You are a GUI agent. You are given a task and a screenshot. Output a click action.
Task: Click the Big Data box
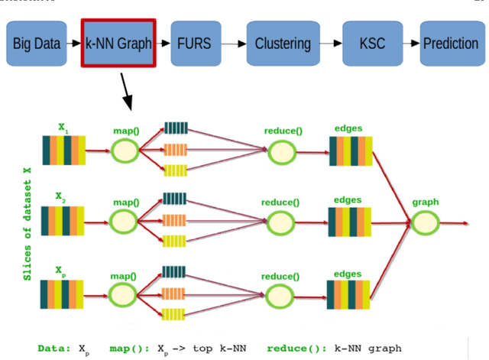(x=37, y=42)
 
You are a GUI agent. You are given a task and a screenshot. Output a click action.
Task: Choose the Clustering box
(x=283, y=42)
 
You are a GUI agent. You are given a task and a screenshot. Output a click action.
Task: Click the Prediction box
(x=450, y=42)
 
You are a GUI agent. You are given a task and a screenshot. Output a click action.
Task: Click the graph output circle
(x=425, y=222)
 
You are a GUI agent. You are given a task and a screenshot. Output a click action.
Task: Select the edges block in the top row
(x=351, y=151)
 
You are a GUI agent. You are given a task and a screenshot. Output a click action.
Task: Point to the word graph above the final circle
(x=425, y=203)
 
